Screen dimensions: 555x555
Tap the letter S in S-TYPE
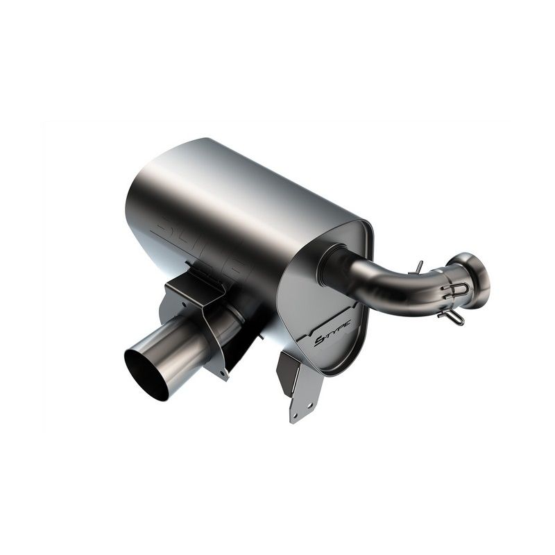click(x=320, y=340)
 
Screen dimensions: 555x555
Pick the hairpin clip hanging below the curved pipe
click(x=451, y=316)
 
